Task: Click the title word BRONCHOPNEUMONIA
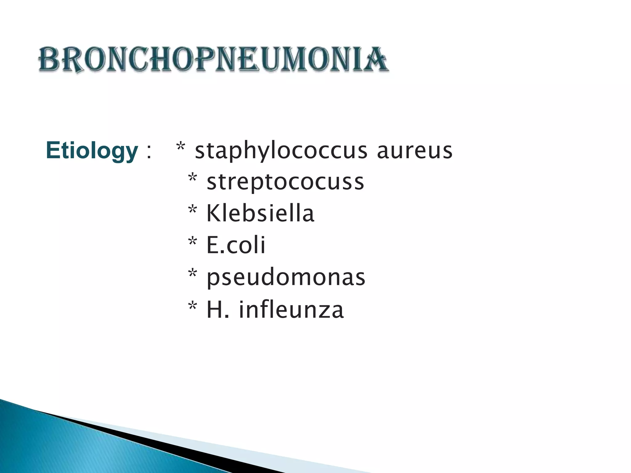213,59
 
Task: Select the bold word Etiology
92,151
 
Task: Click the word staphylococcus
281,151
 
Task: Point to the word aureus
414,151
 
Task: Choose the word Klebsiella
260,213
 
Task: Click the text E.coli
236,245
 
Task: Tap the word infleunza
291,309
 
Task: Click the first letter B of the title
49,59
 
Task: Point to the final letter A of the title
377,59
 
